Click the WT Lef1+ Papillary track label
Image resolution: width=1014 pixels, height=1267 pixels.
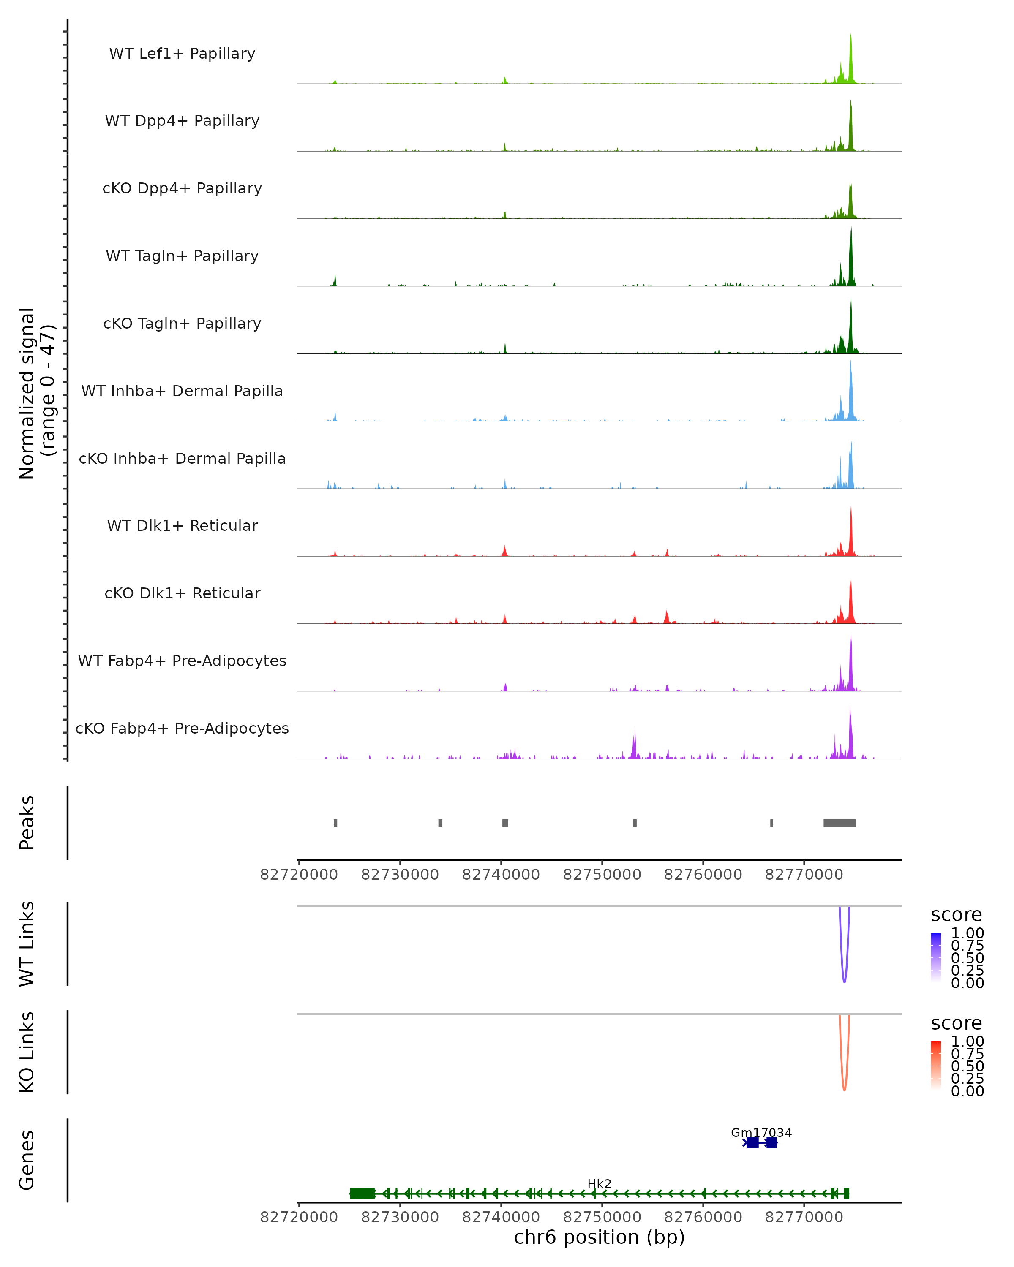[x=182, y=54]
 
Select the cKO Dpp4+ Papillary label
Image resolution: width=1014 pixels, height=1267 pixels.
[x=182, y=189]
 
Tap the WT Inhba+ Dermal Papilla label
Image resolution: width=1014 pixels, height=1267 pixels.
[x=182, y=392]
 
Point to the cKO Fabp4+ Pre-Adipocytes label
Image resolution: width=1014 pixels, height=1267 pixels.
[x=182, y=729]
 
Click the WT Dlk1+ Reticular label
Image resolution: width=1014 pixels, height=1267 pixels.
[x=182, y=526]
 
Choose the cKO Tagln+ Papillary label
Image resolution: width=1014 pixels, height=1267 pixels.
[x=182, y=324]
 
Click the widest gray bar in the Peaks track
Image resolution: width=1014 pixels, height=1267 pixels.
[x=840, y=823]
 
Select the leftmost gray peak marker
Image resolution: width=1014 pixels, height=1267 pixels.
[x=335, y=823]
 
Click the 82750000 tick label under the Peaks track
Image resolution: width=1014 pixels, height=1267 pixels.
[x=602, y=875]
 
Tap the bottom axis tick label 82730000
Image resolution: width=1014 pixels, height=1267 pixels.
[x=400, y=1218]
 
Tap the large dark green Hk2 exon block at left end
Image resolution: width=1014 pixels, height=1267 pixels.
[x=362, y=1194]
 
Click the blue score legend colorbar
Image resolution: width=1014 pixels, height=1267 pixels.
[x=936, y=957]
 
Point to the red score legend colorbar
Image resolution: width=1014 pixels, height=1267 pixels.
[x=936, y=1066]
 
